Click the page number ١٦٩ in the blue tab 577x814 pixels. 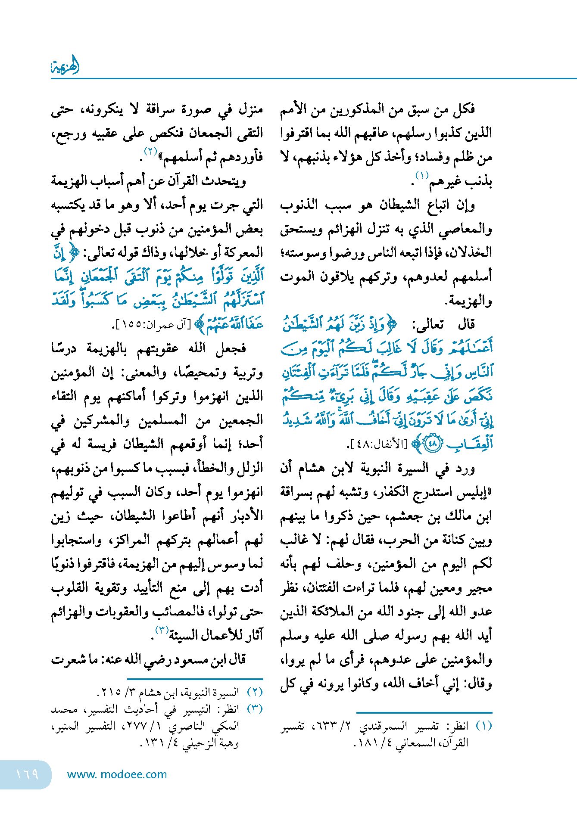(27, 774)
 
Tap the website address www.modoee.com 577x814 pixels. (117, 774)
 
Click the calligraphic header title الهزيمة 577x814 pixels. (65, 66)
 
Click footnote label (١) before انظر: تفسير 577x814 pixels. (483, 726)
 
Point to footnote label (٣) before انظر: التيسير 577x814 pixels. (255, 709)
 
